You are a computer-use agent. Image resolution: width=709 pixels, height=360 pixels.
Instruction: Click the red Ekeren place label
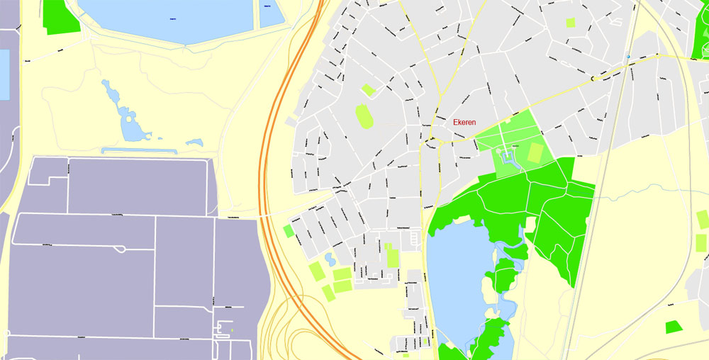[x=464, y=122]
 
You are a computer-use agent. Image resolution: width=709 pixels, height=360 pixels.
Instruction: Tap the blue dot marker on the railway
[x=628, y=56]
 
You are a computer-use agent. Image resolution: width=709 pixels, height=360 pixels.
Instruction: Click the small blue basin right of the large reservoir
[x=269, y=14]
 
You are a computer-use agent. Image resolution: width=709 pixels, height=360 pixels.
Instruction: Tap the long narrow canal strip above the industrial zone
[x=138, y=150]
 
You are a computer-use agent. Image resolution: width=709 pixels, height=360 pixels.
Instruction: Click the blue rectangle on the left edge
[x=4, y=74]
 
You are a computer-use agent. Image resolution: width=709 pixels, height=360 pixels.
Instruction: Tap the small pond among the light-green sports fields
[x=330, y=259]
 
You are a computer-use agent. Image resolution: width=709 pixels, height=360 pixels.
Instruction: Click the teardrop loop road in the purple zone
[x=123, y=249]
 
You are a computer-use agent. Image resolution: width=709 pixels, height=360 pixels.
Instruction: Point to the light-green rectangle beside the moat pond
[x=537, y=152]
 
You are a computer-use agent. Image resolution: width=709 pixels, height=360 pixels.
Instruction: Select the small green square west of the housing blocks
[x=288, y=230]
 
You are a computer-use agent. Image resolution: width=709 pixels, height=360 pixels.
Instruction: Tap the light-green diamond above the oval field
[x=367, y=90]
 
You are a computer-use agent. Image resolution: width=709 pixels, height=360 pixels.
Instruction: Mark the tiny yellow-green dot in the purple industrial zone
[x=232, y=329]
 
